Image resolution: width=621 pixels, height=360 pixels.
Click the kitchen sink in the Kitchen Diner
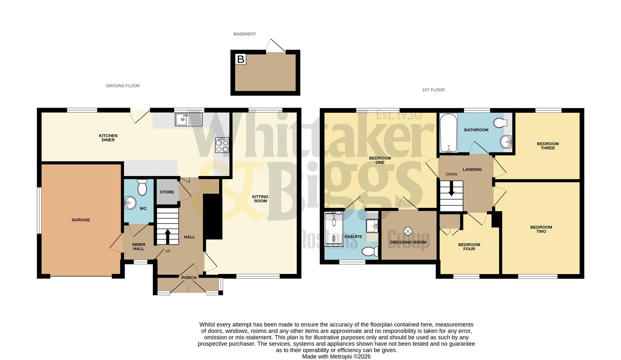(x=188, y=119)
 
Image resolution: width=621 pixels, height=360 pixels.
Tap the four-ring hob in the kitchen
(x=222, y=145)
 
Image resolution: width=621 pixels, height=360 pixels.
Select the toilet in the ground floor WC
(x=142, y=188)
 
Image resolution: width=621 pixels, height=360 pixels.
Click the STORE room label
(x=167, y=192)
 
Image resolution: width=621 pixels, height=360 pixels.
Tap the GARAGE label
(x=81, y=220)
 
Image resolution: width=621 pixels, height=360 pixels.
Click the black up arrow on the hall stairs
(x=167, y=235)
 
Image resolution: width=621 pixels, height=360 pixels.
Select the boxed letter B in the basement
(x=241, y=59)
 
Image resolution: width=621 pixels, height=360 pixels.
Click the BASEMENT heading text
(x=245, y=34)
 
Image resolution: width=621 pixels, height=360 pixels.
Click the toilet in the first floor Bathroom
(x=500, y=123)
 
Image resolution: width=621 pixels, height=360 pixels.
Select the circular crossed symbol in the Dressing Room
(x=408, y=231)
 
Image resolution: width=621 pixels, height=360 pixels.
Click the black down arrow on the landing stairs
(x=451, y=189)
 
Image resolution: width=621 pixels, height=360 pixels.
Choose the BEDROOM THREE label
(x=548, y=146)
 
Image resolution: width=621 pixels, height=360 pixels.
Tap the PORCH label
(x=189, y=278)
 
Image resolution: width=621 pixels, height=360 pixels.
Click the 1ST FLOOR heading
(x=433, y=90)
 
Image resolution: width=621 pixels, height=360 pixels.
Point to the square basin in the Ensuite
(x=372, y=226)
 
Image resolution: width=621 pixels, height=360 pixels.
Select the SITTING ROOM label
(x=261, y=199)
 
